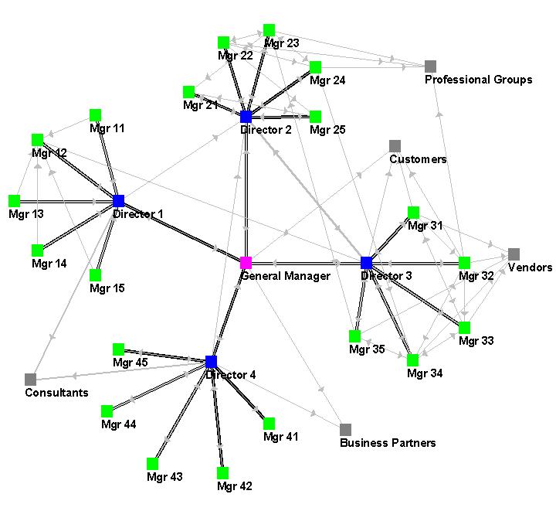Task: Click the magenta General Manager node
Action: pos(246,263)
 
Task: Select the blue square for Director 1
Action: pos(118,201)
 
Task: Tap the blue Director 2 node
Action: pos(246,117)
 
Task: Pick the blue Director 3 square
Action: pos(367,263)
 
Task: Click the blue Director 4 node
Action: pos(212,362)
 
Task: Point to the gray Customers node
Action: pos(395,145)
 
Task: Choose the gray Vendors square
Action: pos(514,254)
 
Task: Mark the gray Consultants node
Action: pos(30,379)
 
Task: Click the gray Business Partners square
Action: pos(345,429)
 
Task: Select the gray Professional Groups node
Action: pos(431,66)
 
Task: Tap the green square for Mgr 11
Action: pos(96,114)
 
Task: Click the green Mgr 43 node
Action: pos(152,463)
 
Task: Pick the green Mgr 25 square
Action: pos(315,117)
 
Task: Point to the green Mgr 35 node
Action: pos(354,336)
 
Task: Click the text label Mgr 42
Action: pos(235,486)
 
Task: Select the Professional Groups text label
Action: pos(479,80)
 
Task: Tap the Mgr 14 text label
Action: pos(49,264)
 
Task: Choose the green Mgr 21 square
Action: pos(188,92)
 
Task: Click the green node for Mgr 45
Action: pos(118,349)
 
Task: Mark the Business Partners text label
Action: pos(388,443)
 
